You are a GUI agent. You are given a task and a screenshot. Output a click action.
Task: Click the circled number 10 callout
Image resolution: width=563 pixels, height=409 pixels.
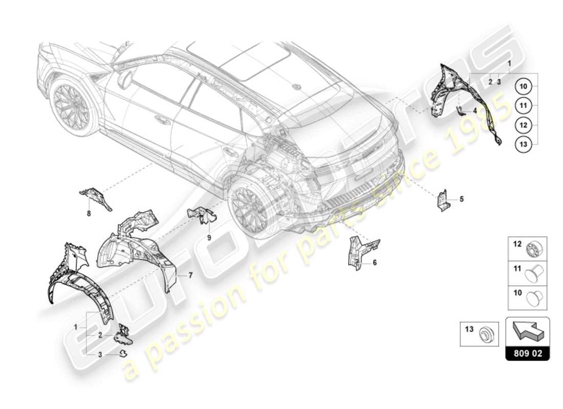(x=523, y=87)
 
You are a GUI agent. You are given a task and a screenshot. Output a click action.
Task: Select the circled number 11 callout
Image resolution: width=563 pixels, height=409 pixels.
(x=523, y=106)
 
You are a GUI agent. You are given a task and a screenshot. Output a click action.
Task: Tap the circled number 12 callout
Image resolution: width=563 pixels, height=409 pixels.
(x=523, y=125)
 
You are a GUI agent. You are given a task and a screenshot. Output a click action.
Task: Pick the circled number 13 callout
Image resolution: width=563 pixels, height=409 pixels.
(x=523, y=145)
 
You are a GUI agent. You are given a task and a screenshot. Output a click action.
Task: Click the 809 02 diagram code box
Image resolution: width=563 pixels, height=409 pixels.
(x=527, y=353)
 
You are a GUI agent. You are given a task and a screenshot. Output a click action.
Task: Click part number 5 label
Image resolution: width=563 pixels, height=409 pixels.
(x=461, y=199)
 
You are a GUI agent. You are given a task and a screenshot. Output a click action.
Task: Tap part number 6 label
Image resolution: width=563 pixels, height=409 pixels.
(x=374, y=262)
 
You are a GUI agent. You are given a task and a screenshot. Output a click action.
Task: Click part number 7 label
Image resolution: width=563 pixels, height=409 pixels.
(x=190, y=275)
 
